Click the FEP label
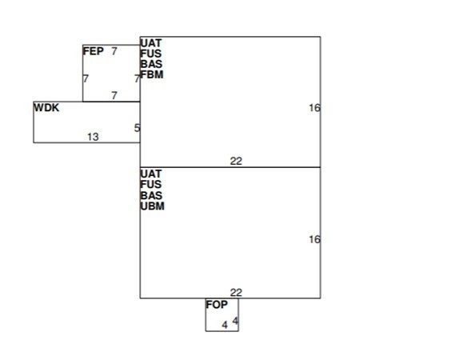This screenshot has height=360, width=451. [x=94, y=51]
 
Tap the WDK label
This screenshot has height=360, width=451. [x=46, y=108]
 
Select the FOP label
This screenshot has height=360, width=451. [x=217, y=304]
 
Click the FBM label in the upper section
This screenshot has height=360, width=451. [x=152, y=74]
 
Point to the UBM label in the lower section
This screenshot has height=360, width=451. [x=153, y=206]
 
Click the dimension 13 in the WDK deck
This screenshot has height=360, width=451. [x=93, y=137]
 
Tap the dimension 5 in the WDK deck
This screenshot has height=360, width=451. [x=138, y=128]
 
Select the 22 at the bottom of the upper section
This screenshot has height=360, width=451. [x=236, y=161]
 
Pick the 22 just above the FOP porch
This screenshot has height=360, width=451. [x=236, y=293]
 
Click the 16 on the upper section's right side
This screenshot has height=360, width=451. [x=315, y=108]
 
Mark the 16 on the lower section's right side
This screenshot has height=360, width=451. [x=315, y=239]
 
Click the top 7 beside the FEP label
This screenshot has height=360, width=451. [x=114, y=51]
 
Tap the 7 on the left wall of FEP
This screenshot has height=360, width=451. [x=86, y=78]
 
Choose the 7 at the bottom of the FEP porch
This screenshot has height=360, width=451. [x=114, y=95]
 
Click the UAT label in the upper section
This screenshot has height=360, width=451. [x=151, y=43]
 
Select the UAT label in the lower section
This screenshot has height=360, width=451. [x=151, y=174]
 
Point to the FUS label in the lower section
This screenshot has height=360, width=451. [x=151, y=184]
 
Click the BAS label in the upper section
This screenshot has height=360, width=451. [x=151, y=64]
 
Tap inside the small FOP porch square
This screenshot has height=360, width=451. [x=222, y=315]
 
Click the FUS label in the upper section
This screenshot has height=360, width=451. [x=151, y=54]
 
